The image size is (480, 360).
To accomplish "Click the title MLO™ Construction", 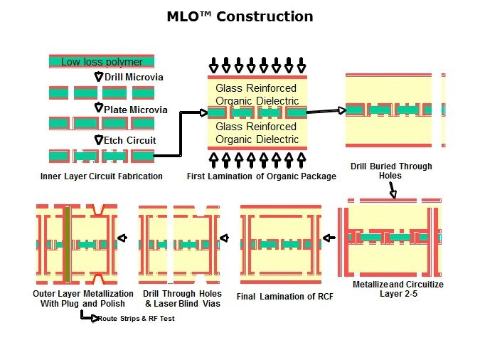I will pyautogui.click(x=240, y=16).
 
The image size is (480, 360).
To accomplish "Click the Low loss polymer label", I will pyautogui.click(x=102, y=62).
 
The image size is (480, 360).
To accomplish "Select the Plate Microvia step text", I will pyautogui.click(x=135, y=110).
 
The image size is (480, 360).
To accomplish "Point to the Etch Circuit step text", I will pyautogui.click(x=130, y=140).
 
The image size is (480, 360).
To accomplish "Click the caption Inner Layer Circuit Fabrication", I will pyautogui.click(x=102, y=176).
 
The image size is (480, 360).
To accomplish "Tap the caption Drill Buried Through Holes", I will pyautogui.click(x=391, y=171).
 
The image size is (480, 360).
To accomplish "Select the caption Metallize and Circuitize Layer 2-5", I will pyautogui.click(x=398, y=288).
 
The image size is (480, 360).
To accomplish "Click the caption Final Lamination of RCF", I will pyautogui.click(x=284, y=297).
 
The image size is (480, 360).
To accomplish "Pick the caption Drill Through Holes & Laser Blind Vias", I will pyautogui.click(x=182, y=298).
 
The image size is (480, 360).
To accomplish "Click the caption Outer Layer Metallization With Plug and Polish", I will pyautogui.click(x=83, y=298).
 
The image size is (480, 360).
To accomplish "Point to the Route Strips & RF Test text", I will pyautogui.click(x=136, y=319).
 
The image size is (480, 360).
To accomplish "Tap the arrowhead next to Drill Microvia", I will pyautogui.click(x=99, y=77).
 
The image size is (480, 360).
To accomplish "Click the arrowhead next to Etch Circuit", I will pyautogui.click(x=99, y=140).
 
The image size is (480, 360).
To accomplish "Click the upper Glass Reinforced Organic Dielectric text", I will pyautogui.click(x=257, y=94).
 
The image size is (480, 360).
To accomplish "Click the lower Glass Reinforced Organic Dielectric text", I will pyautogui.click(x=257, y=132).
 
